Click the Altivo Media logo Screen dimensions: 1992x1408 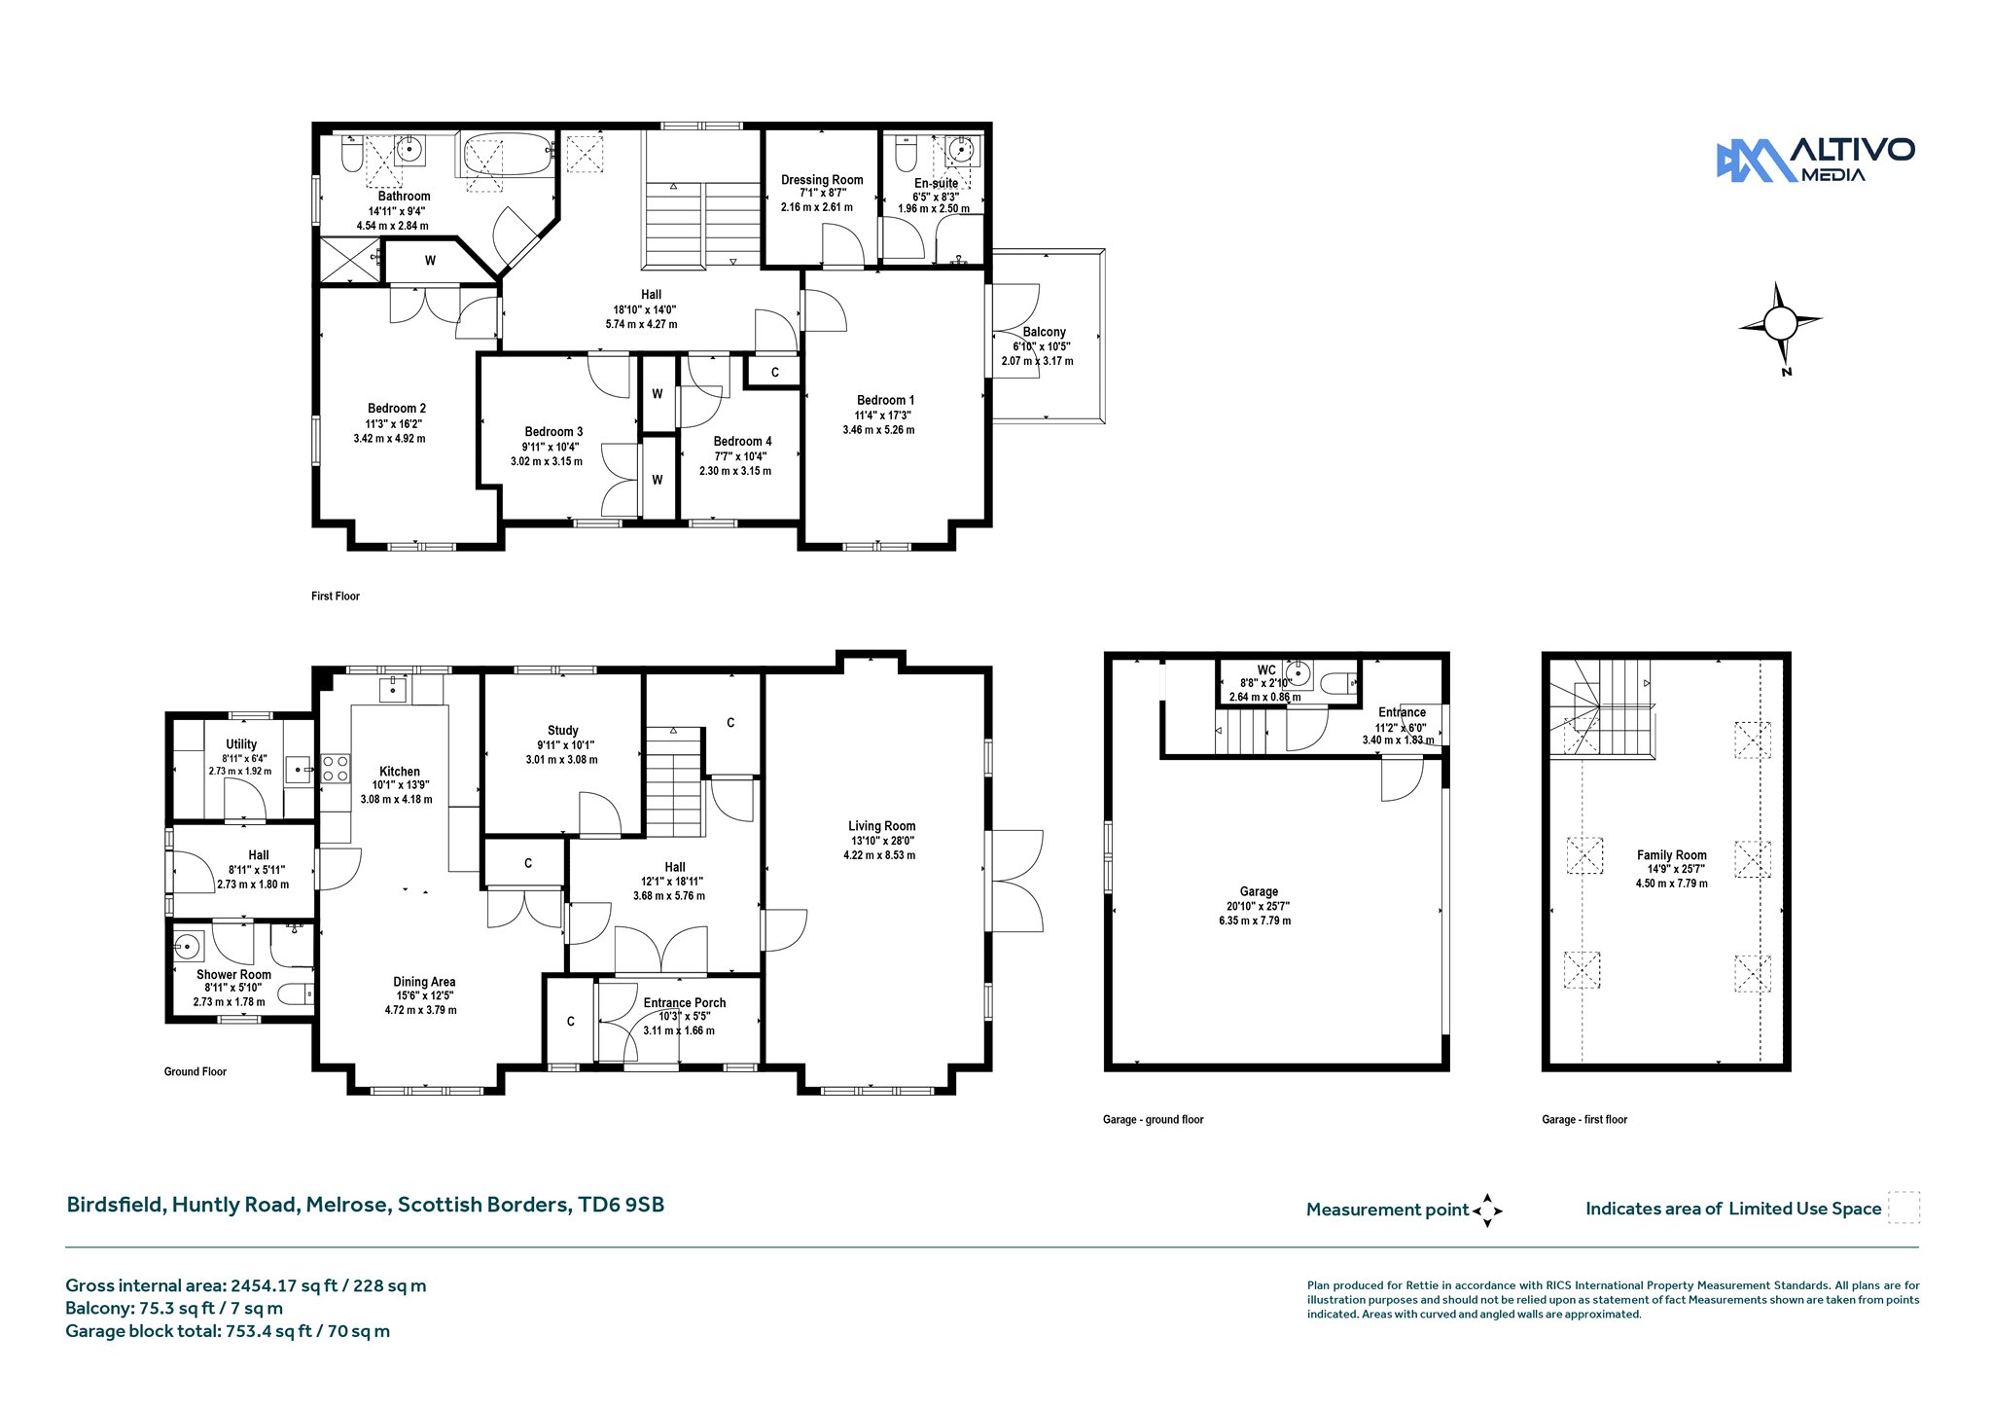pyautogui.click(x=1815, y=161)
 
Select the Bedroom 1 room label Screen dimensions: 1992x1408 pyautogui.click(x=885, y=400)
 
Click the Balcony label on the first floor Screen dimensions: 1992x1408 pyautogui.click(x=1044, y=332)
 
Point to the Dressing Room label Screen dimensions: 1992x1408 pyautogui.click(x=822, y=180)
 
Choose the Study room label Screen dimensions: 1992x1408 pyautogui.click(x=562, y=731)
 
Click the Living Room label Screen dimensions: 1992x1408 pyautogui.click(x=881, y=826)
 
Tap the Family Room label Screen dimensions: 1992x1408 pyautogui.click(x=1671, y=855)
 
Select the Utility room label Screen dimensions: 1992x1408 pyautogui.click(x=241, y=744)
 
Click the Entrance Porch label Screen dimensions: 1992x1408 pyautogui.click(x=684, y=1003)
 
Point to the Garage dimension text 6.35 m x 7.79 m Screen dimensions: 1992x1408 pyautogui.click(x=1255, y=921)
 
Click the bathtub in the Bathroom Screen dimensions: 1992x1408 pyautogui.click(x=506, y=156)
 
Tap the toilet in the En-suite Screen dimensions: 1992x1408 pyautogui.click(x=906, y=153)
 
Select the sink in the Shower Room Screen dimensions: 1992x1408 pyautogui.click(x=188, y=945)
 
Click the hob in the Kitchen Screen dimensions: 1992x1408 pyautogui.click(x=336, y=769)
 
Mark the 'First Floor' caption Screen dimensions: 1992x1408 pyautogui.click(x=336, y=596)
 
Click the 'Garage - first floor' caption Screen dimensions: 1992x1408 pyautogui.click(x=1584, y=1120)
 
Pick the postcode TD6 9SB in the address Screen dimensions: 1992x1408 pyautogui.click(x=622, y=1205)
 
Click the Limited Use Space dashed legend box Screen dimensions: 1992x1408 pyautogui.click(x=1903, y=1208)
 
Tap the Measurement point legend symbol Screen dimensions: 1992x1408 pyautogui.click(x=1487, y=1210)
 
